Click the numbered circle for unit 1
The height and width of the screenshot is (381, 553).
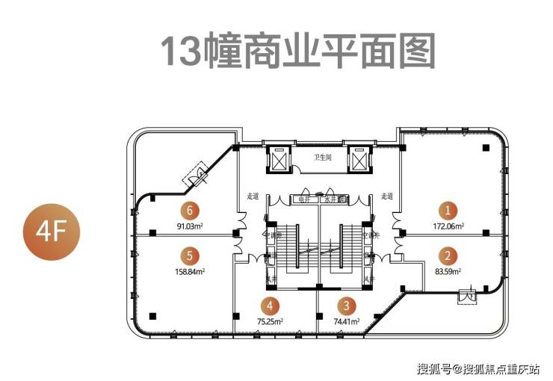(448, 210)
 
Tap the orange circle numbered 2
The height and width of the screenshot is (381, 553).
(448, 255)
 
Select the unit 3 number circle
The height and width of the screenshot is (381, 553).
(345, 306)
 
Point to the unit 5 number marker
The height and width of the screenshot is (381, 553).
(191, 255)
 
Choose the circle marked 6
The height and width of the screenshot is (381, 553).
(191, 210)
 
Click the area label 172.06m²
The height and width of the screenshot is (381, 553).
(448, 226)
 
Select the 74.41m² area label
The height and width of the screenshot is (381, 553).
(345, 321)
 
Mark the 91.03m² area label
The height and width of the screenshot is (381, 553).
(191, 226)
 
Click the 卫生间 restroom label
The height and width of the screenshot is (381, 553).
(322, 156)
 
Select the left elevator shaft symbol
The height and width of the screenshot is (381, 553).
(279, 159)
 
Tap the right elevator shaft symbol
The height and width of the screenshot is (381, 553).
(359, 159)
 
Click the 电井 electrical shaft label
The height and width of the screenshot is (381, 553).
(303, 199)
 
